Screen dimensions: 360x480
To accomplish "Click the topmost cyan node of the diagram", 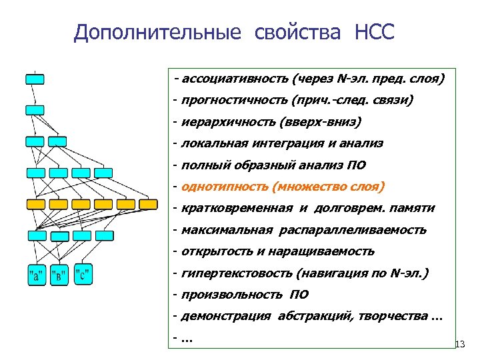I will (x=35, y=79).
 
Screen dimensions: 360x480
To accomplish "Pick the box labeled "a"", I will (x=36, y=275).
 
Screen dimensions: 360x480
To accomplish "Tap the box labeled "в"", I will (x=60, y=275).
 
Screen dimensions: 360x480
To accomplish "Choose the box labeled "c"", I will (x=83, y=275).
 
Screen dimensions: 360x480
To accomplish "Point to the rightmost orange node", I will (x=147, y=204).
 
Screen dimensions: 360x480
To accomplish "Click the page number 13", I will (x=459, y=345).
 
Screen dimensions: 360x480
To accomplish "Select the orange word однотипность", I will (x=214, y=187).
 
